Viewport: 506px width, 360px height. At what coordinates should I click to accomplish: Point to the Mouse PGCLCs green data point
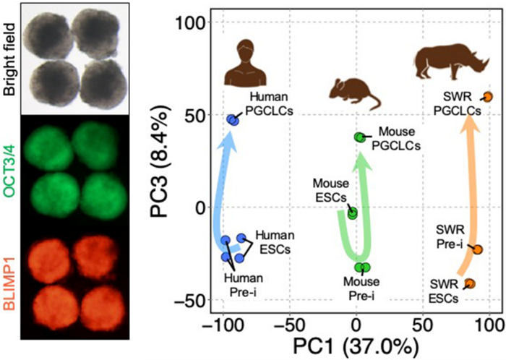tap(359, 137)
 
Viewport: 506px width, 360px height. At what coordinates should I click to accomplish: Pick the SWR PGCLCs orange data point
tap(488, 97)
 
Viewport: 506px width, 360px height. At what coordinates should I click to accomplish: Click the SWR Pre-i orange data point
tap(477, 250)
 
